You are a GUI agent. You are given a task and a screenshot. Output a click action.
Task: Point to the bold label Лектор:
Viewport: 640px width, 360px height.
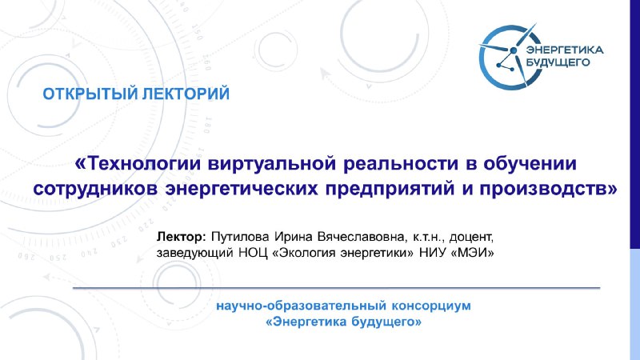point(182,237)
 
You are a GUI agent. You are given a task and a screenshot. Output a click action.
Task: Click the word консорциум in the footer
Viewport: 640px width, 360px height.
point(431,306)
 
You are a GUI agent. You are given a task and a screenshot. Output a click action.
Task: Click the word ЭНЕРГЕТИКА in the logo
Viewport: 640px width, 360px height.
point(565,50)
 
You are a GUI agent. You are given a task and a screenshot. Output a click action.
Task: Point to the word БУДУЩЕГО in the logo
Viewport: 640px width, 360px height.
point(558,62)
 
